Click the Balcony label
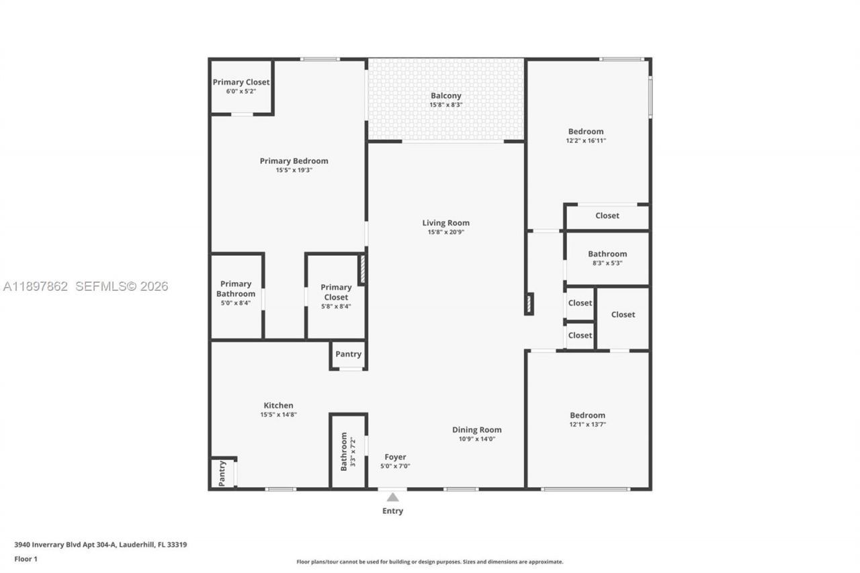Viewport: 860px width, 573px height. [x=445, y=96]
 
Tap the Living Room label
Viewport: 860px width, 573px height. [x=445, y=223]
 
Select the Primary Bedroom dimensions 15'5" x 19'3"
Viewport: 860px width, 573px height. [x=294, y=171]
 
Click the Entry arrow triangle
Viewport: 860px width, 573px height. [x=392, y=497]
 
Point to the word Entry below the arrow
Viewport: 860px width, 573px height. [x=392, y=511]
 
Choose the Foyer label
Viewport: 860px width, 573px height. [x=394, y=457]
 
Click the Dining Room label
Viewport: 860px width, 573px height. [x=476, y=430]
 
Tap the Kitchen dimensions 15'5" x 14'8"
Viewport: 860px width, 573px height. [x=278, y=415]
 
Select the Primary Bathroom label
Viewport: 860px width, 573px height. [x=236, y=289]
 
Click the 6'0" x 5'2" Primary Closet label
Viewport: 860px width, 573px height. [x=241, y=83]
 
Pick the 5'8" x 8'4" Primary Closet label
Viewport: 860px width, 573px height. [x=336, y=292]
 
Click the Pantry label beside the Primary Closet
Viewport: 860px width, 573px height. [x=348, y=354]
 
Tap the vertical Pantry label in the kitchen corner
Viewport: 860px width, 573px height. [x=222, y=474]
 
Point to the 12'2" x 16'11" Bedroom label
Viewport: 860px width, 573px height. [x=586, y=132]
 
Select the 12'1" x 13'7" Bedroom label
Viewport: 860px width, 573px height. [x=587, y=415]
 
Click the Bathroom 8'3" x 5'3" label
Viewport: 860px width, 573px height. [x=607, y=254]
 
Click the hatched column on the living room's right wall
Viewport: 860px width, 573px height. [x=529, y=304]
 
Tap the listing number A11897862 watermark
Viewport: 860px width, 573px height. [x=36, y=287]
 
